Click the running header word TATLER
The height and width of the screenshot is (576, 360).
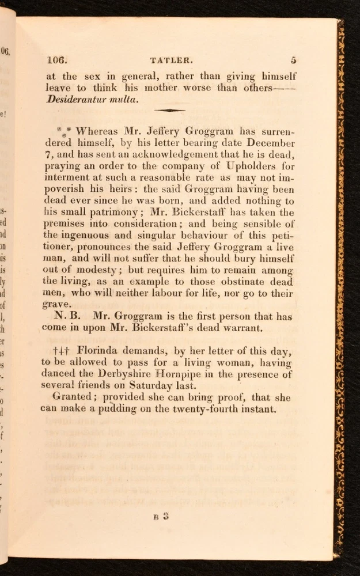pos(166,59)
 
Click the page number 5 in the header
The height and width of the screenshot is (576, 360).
pos(293,59)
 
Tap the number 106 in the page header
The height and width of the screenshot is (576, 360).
pos(57,59)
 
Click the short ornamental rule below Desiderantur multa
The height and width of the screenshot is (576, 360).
pos(169,109)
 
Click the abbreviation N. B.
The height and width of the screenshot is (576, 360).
pos(70,316)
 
